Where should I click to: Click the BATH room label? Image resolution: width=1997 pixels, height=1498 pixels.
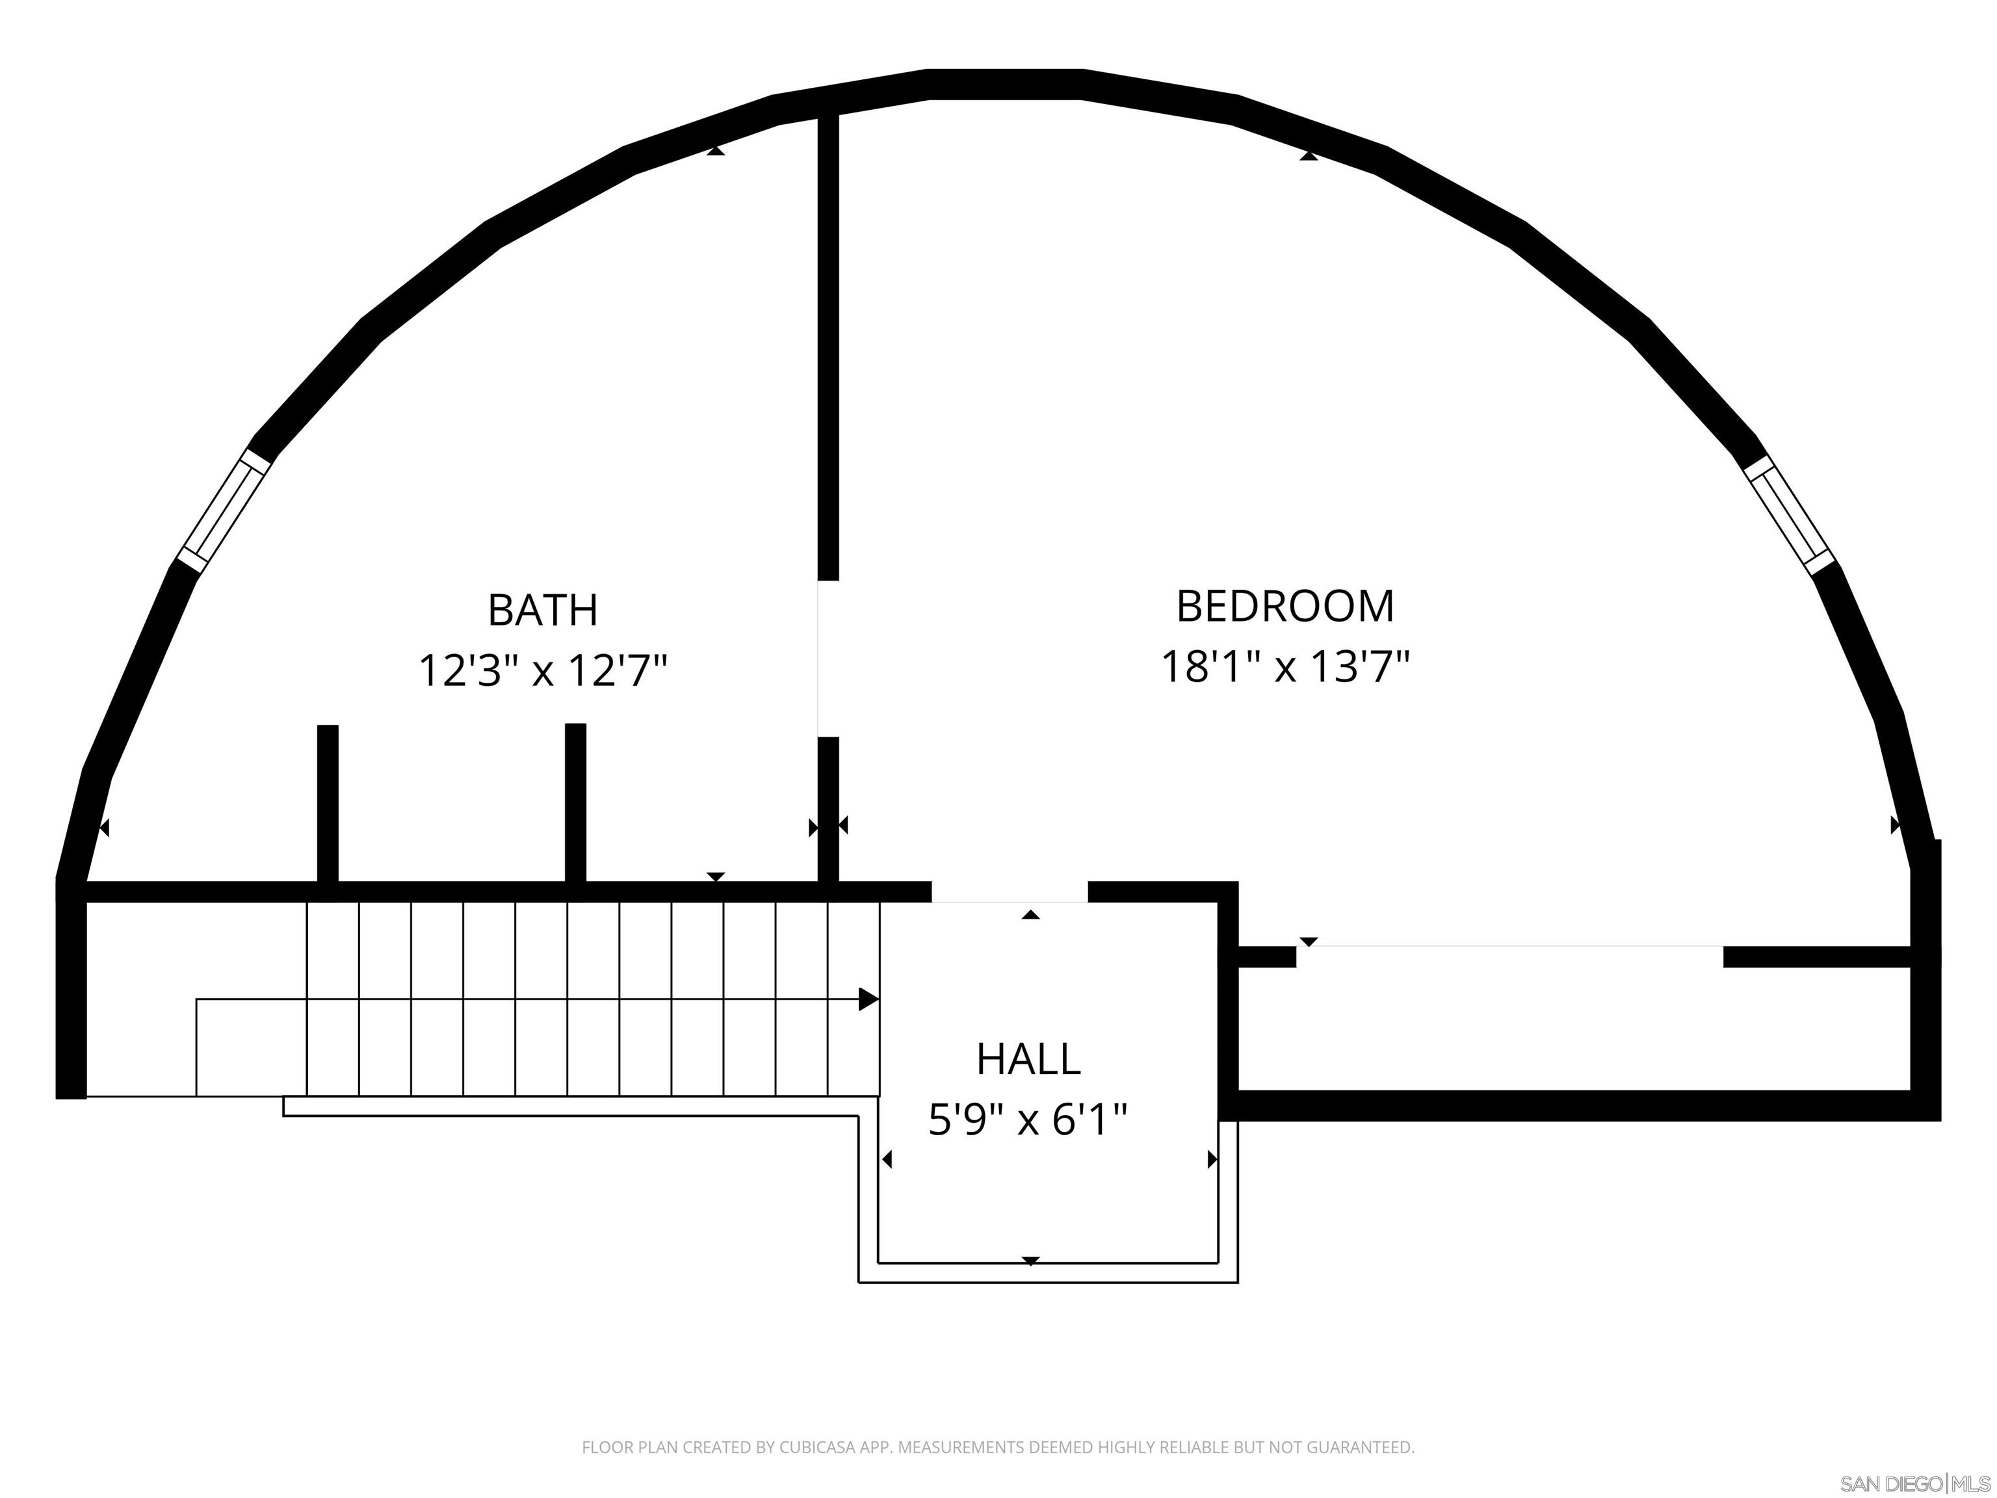click(543, 611)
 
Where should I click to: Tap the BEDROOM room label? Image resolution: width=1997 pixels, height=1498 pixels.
click(1285, 606)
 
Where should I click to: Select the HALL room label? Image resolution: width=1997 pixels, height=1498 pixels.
click(1028, 1059)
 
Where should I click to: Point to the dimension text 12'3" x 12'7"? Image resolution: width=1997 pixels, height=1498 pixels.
click(543, 671)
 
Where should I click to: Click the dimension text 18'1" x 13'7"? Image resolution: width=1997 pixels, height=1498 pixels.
click(1285, 667)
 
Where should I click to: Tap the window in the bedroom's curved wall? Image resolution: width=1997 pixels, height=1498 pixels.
click(1788, 514)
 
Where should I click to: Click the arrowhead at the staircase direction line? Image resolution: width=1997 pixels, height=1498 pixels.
click(868, 999)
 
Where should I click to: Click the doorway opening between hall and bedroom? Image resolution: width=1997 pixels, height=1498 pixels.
click(1010, 891)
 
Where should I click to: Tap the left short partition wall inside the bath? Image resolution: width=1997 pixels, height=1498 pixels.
click(328, 804)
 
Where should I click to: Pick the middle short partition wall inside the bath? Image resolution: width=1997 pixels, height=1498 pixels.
click(575, 804)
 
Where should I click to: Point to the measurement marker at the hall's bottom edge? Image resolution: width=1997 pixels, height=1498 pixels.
click(1031, 1261)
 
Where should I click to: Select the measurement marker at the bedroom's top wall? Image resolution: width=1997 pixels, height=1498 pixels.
click(1308, 156)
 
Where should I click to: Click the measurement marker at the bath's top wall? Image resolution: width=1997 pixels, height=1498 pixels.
click(716, 151)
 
